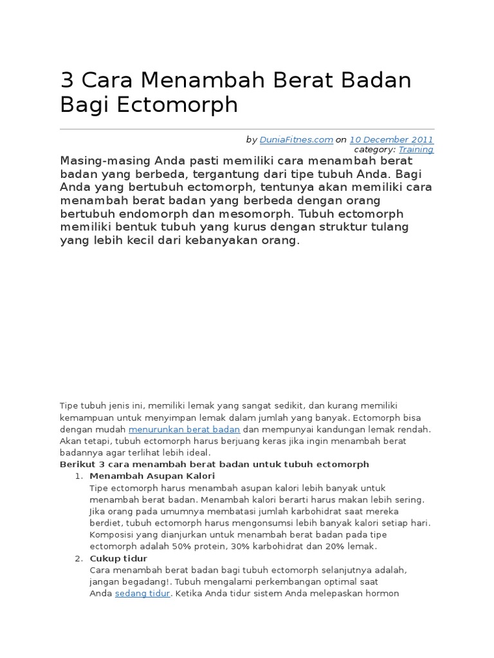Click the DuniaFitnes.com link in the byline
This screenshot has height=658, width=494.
[x=297, y=139]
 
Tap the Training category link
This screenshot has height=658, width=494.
[x=416, y=149]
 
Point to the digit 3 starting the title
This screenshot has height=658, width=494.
[x=67, y=81]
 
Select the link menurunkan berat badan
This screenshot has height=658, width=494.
[x=184, y=429]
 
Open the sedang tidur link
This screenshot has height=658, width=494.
[x=142, y=593]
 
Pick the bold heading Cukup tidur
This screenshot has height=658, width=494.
[x=118, y=558]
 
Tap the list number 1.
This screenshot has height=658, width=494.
[x=79, y=476]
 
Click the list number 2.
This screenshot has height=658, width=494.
[x=79, y=558]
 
